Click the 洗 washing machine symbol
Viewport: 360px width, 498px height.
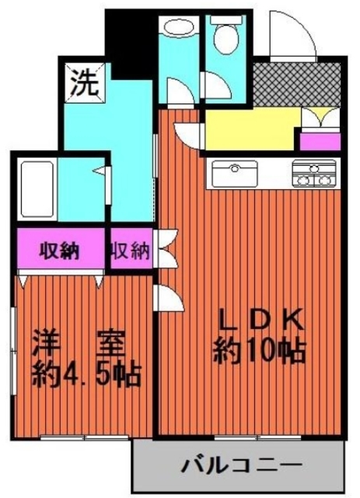tap(83, 82)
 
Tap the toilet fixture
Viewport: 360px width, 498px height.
tap(227, 35)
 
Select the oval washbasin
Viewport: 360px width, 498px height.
tap(179, 27)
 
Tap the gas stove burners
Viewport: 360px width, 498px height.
tap(316, 174)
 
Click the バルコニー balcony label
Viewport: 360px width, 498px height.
tap(241, 468)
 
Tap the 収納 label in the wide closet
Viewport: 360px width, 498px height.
tap(59, 251)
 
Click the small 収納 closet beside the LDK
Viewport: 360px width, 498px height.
tap(130, 251)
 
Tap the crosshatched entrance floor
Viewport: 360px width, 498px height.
tap(295, 85)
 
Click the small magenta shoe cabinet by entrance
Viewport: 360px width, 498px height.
tap(319, 142)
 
